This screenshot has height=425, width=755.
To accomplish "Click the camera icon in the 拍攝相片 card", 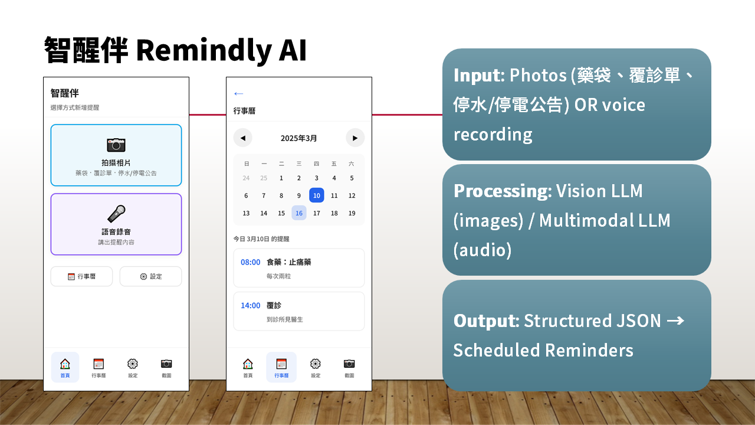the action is tap(116, 145).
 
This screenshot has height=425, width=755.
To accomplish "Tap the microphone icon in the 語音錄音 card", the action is tap(116, 214).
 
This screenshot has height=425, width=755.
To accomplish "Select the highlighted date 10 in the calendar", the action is tap(317, 195).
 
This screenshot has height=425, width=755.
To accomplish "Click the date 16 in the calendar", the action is tap(299, 213).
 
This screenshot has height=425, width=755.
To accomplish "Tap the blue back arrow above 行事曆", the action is tap(239, 93).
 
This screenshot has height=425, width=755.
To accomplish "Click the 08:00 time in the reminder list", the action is tap(251, 262).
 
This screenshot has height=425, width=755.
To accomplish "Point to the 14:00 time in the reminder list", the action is tap(251, 305).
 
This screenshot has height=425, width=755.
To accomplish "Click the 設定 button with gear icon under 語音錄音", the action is tap(150, 276).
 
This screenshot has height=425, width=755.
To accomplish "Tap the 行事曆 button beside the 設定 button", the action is tap(81, 276).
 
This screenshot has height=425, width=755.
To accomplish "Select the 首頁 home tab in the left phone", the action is tap(65, 367).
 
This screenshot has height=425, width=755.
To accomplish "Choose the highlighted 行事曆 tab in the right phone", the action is tap(281, 367).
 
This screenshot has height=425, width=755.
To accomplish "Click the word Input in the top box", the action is tap(479, 75).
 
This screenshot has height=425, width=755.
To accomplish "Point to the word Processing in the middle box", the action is tap(503, 191).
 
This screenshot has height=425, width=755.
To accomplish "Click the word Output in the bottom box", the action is tap(486, 321).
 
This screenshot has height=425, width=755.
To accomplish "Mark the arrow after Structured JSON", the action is tap(675, 321).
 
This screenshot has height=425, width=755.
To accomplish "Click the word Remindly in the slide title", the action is tap(204, 50).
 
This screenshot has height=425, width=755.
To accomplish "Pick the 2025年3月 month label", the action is tap(298, 138).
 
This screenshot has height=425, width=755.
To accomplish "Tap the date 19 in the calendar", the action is tap(352, 213).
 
